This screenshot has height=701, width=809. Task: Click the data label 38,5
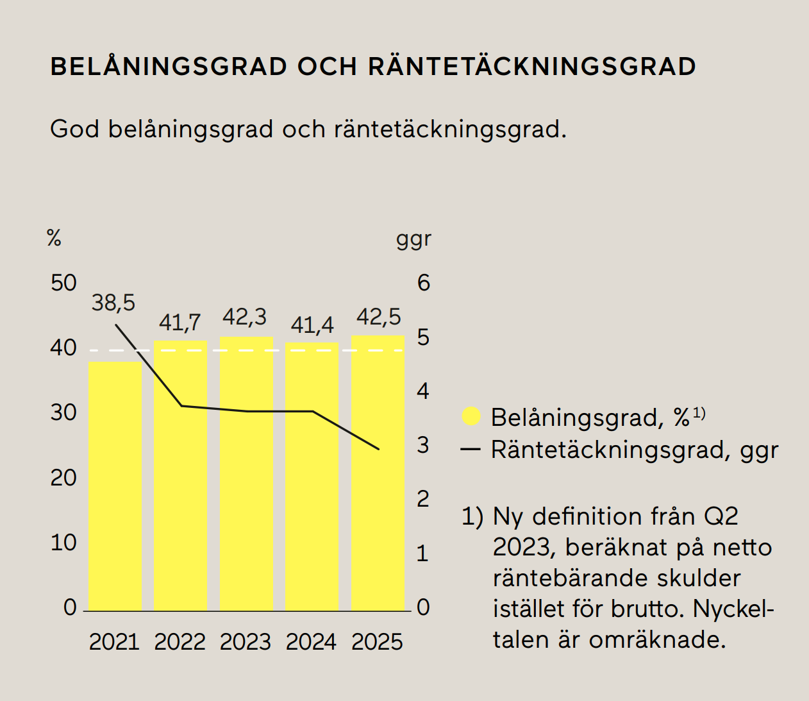point(113,303)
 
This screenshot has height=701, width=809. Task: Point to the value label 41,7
point(179,322)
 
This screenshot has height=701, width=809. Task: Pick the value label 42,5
point(378,317)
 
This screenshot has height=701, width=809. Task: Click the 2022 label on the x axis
point(179,642)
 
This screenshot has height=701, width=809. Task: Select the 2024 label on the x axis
point(311,642)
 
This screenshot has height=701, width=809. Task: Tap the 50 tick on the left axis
point(63,283)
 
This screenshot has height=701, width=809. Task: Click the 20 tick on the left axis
point(63,478)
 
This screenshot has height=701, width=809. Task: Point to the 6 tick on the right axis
point(424,283)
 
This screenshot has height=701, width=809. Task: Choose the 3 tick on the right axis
point(423,445)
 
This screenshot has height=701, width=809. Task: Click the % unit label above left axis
point(54,239)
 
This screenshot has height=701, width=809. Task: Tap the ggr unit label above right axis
point(413,239)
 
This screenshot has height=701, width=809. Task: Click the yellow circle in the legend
point(471,417)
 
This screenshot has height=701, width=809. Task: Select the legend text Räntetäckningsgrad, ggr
point(634,450)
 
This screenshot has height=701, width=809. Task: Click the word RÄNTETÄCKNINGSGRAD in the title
point(532,67)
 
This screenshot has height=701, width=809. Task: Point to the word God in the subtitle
point(74,129)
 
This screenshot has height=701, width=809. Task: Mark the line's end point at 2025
point(379,449)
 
